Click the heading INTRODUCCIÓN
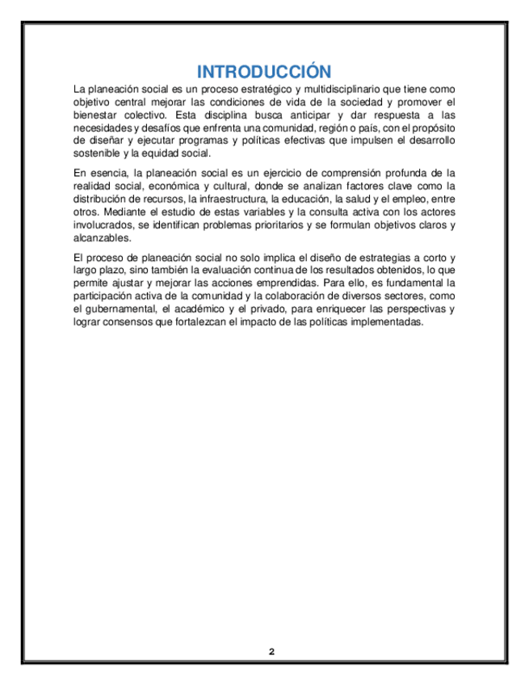(x=264, y=70)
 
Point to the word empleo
(x=402, y=199)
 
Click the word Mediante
(x=129, y=212)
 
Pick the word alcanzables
(x=101, y=237)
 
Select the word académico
(x=209, y=309)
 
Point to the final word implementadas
(x=383, y=322)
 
